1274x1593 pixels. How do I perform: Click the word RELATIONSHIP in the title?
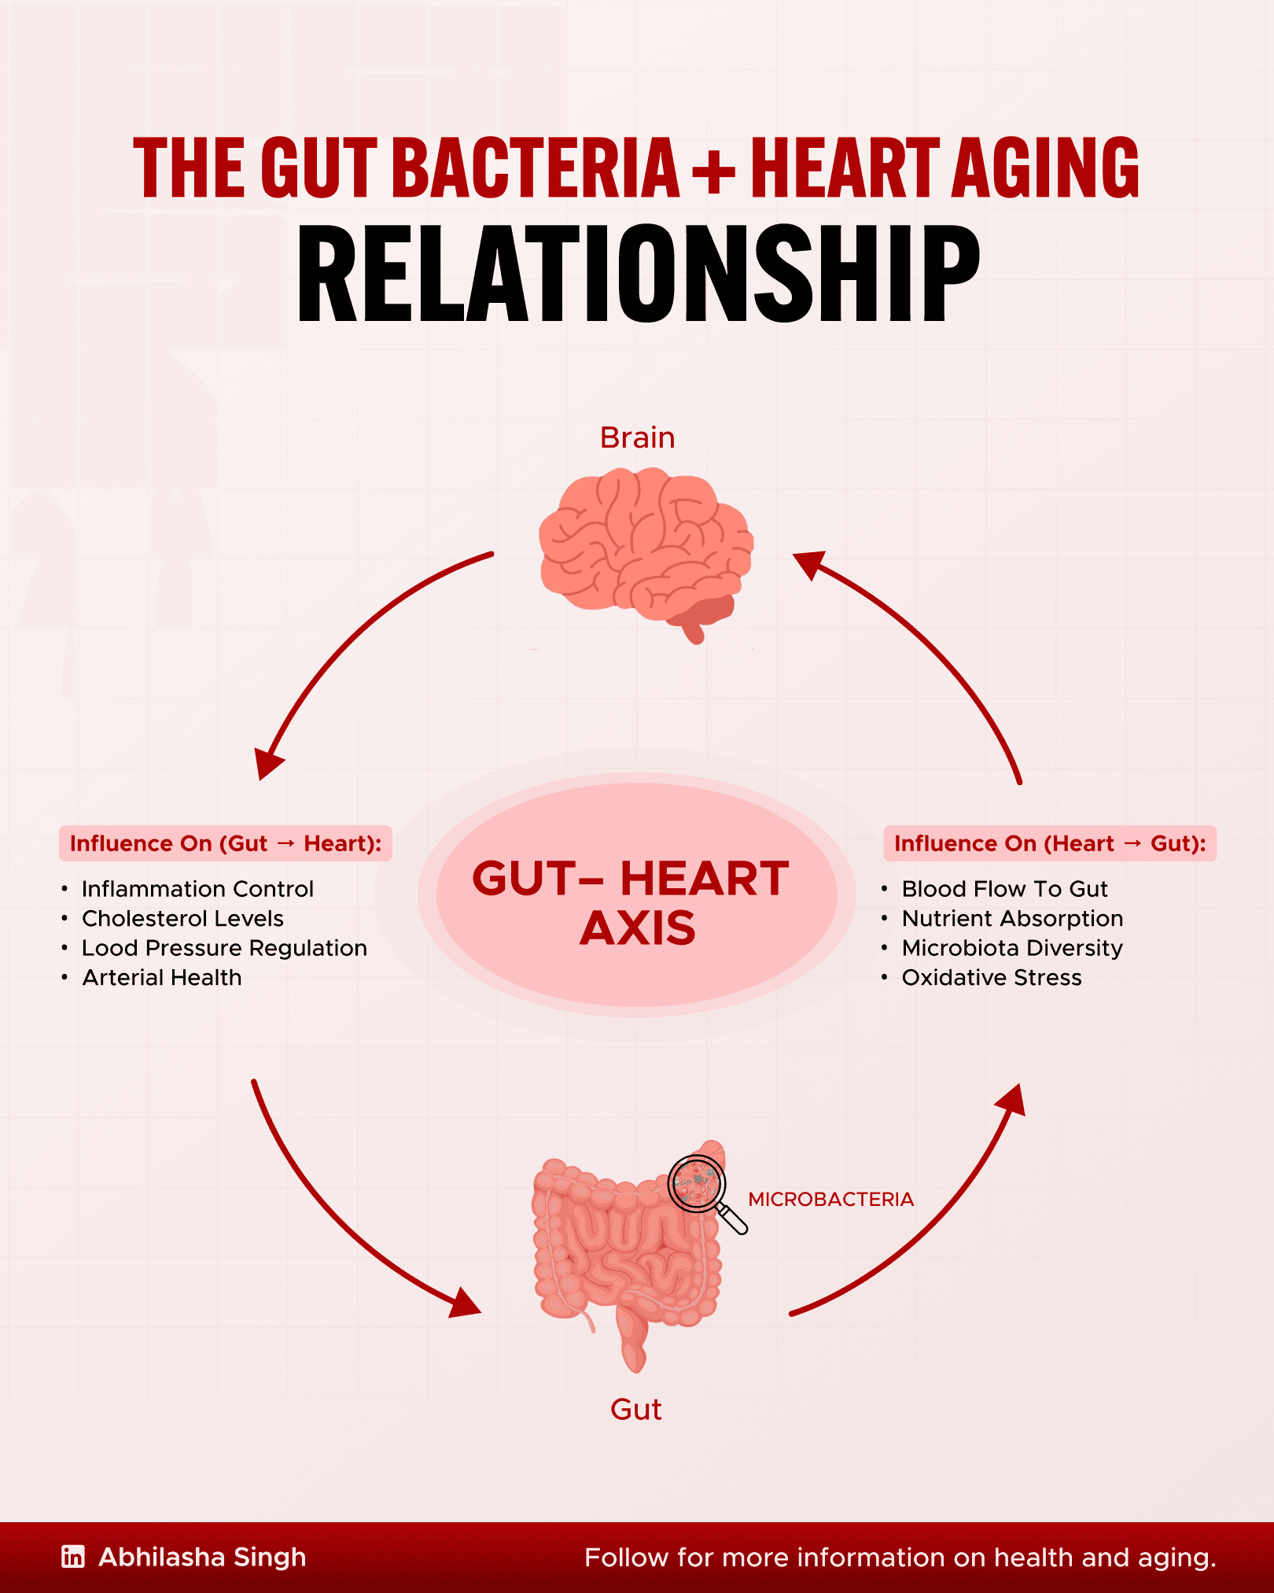point(638,274)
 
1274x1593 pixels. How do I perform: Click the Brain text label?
point(637,437)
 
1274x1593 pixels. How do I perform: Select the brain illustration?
point(646,551)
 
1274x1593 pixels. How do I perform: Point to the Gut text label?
point(635,1409)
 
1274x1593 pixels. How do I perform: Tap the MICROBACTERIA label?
point(830,1199)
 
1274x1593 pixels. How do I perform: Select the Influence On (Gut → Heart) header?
point(226,843)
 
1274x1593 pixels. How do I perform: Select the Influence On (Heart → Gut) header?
point(1050,843)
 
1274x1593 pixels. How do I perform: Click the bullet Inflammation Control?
point(197,889)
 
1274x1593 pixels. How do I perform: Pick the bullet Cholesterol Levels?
point(182,918)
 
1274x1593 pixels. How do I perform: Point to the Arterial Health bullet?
point(162,977)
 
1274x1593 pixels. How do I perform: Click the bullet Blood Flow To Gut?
point(1004,889)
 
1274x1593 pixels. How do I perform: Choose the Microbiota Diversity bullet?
point(1012,948)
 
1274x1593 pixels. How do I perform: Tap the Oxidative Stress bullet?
point(992,977)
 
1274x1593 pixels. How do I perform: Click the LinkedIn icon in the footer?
point(73,1557)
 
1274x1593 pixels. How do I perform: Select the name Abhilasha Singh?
point(202,1557)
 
